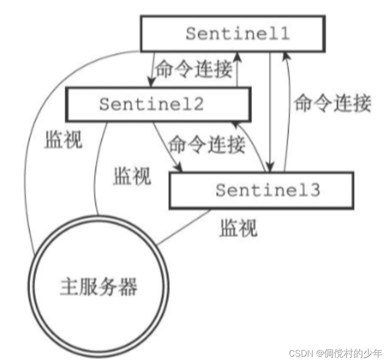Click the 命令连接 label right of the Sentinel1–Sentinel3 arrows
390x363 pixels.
tap(332, 104)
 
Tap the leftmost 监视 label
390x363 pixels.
tap(64, 140)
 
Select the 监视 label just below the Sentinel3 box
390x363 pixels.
tap(238, 228)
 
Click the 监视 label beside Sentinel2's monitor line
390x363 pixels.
tap(132, 176)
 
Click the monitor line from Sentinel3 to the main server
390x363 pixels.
tap(186, 227)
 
